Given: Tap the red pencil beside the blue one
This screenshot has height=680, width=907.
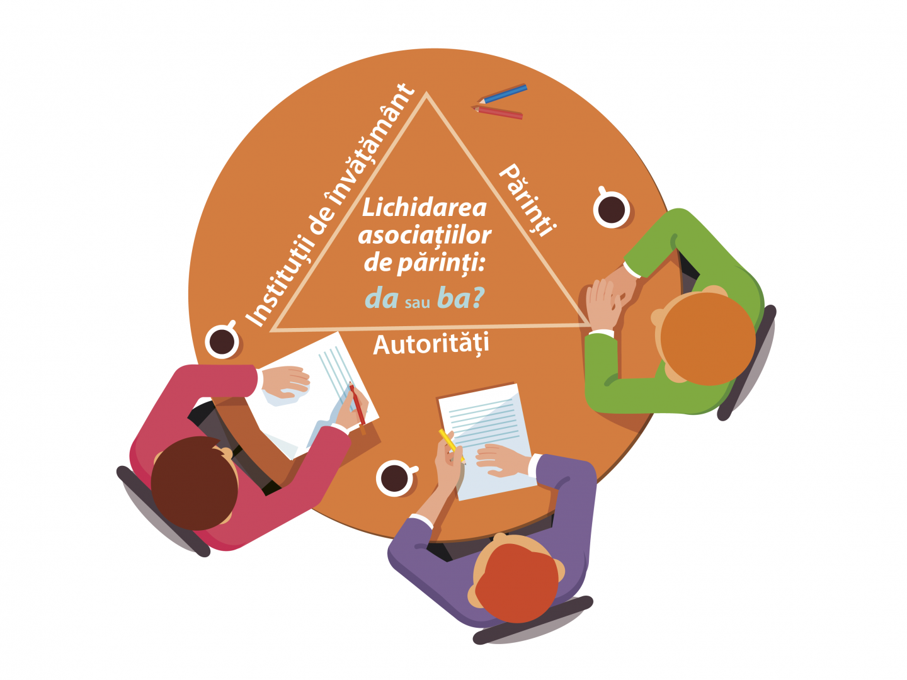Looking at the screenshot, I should point(499,113).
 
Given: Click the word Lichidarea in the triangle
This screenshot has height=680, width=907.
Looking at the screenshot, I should point(425,208).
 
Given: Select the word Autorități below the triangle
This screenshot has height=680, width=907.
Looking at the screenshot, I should point(431,344).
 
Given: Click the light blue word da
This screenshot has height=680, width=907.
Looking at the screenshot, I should point(382,298).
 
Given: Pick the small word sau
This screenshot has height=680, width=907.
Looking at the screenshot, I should point(417,303).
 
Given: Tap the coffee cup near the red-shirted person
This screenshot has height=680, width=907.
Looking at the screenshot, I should point(222,341).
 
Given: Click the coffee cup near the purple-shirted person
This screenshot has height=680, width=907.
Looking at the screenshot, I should point(395,478).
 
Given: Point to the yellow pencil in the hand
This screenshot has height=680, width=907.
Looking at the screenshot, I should point(448,441).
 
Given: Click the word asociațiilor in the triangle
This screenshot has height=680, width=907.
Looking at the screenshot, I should point(425,235).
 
